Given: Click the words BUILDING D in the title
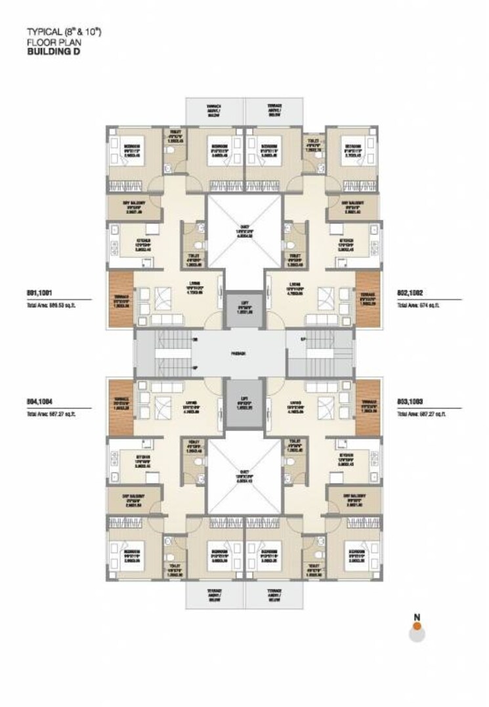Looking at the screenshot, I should [x=53, y=47].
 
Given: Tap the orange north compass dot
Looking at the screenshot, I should [x=415, y=626].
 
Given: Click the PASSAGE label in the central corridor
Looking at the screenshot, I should [x=238, y=353].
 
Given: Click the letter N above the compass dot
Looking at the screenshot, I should [x=416, y=616].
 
